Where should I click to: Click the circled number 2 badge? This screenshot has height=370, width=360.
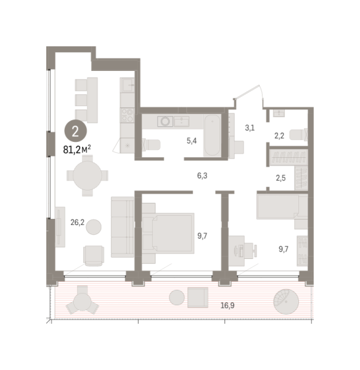click(x=75, y=131)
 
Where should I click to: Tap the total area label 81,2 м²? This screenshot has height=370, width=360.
click(x=77, y=150)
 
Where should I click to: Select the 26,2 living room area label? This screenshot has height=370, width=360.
click(x=78, y=222)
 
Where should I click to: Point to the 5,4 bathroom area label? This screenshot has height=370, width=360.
click(x=192, y=141)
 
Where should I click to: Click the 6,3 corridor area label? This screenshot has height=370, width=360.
click(x=202, y=176)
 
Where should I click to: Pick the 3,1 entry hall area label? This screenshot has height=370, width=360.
click(x=250, y=128)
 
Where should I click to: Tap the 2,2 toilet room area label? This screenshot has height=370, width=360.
click(x=279, y=136)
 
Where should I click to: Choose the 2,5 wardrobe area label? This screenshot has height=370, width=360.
click(x=280, y=178)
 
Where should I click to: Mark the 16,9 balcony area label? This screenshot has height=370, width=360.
click(x=227, y=306)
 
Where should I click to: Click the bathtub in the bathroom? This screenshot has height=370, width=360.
click(x=212, y=135)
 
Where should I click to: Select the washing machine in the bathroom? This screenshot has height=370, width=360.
click(x=165, y=121)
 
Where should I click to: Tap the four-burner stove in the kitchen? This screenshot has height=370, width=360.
click(x=127, y=115)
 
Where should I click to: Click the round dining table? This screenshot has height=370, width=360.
click(x=88, y=176)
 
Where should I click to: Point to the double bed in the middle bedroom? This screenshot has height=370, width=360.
click(x=168, y=233)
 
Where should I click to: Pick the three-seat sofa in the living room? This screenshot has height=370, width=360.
click(x=123, y=227)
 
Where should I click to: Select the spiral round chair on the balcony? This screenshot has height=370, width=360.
click(x=286, y=302)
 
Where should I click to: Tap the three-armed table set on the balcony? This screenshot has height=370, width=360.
click(x=82, y=301)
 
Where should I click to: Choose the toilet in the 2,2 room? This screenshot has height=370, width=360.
click(x=298, y=134)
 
